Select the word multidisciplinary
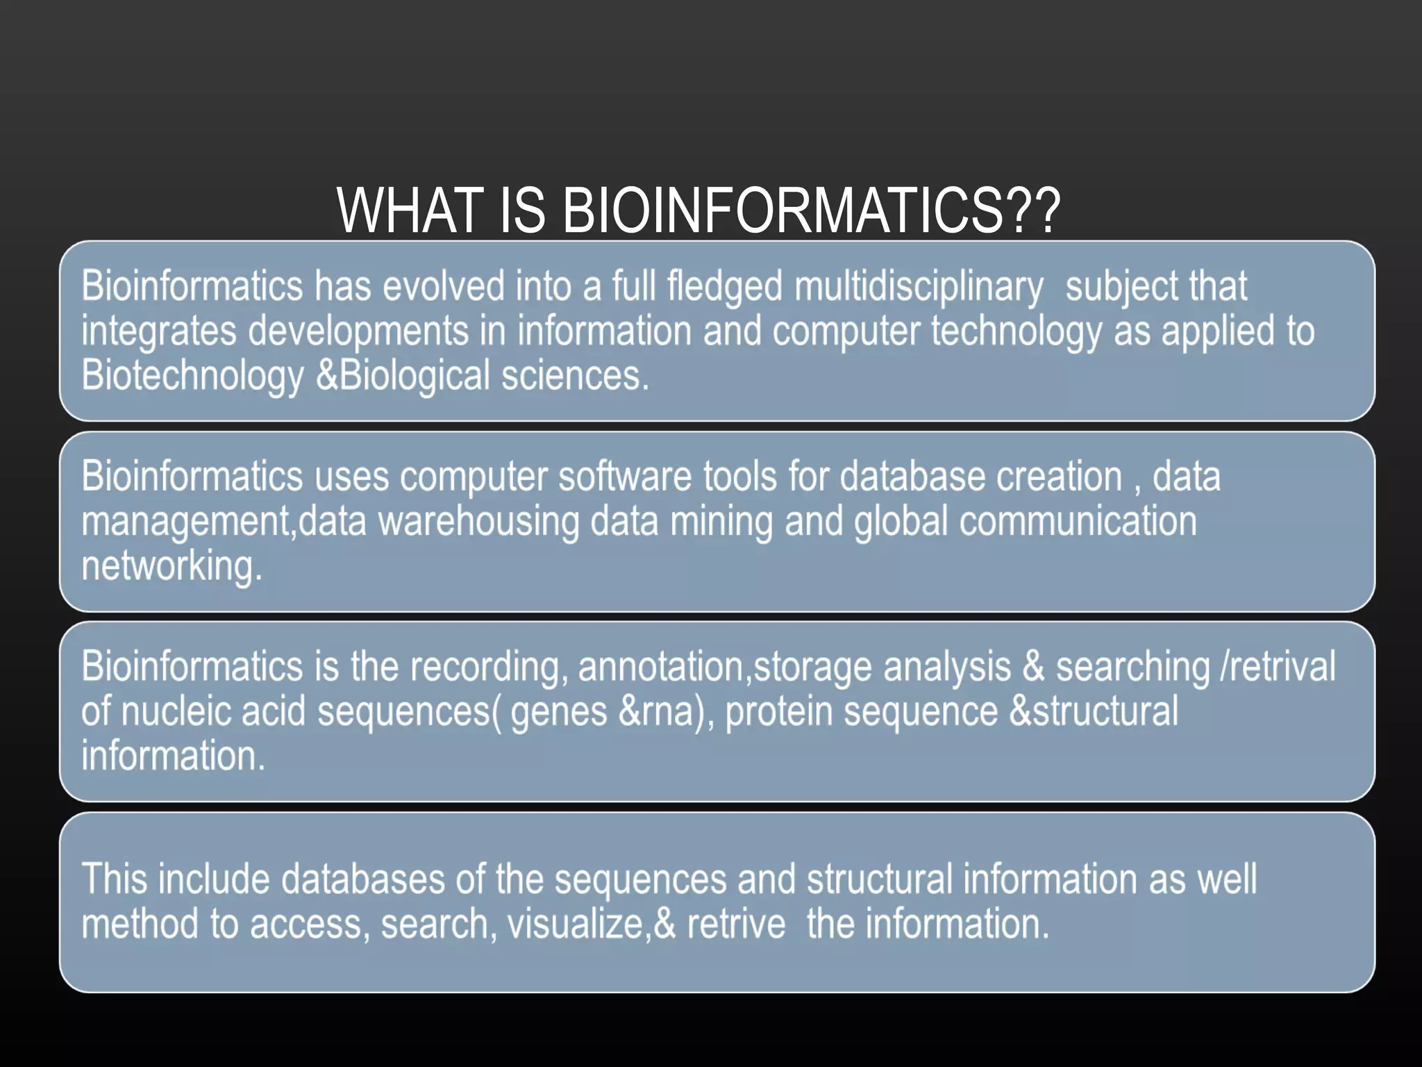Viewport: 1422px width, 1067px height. (918, 287)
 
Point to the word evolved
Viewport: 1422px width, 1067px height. (444, 287)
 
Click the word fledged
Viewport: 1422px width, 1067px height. (724, 287)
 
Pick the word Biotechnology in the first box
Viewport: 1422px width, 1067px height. (192, 376)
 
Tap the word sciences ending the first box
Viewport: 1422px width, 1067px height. (574, 376)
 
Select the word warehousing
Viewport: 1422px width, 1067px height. (478, 522)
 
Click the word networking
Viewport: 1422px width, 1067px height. (172, 566)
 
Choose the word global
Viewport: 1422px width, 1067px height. (901, 522)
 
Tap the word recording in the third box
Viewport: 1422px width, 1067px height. (485, 668)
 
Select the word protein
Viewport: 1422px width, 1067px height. (778, 712)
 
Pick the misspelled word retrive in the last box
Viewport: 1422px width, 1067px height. (736, 925)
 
